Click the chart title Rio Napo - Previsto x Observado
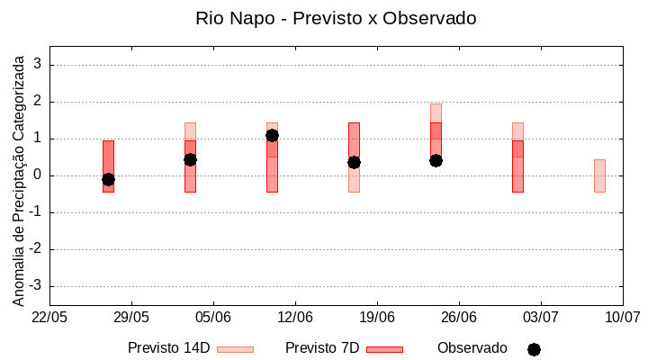[336, 18]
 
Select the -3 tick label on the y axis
[36, 286]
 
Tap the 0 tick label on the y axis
[39, 175]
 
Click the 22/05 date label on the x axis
[49, 318]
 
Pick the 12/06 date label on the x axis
[295, 318]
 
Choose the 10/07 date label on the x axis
[622, 318]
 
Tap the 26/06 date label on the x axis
[459, 318]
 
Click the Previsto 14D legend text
[168, 348]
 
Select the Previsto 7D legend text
[322, 348]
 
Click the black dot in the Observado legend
[534, 349]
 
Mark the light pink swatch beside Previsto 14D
[235, 349]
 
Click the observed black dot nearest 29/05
[108, 179]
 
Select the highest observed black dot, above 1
[272, 135]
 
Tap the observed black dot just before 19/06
[354, 162]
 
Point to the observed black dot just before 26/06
[436, 160]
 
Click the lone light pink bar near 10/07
[599, 175]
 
